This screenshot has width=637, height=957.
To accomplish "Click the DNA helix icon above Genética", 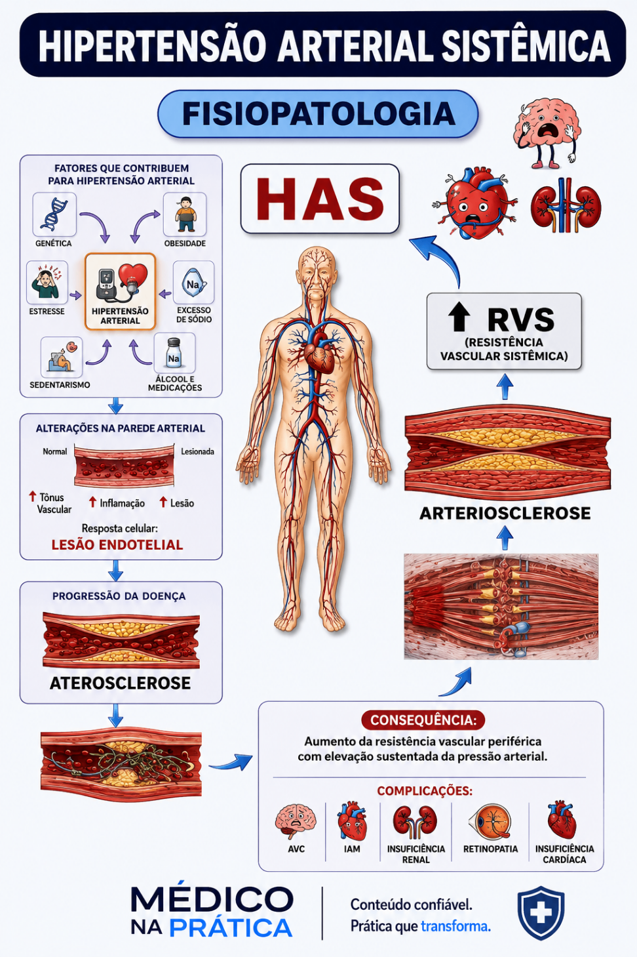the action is click(x=54, y=214).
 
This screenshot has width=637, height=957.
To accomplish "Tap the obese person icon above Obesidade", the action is click(x=185, y=214).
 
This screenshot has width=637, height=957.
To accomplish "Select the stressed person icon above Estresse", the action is click(x=46, y=281).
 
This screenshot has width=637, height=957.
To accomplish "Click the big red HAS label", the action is click(x=320, y=199).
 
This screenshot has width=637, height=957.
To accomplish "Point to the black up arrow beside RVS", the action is click(x=459, y=316).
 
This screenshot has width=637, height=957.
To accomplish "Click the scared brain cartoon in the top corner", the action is click(x=547, y=132).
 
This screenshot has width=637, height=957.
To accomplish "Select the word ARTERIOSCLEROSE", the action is click(x=505, y=513).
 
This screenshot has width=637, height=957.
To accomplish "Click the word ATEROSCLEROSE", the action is click(x=121, y=683).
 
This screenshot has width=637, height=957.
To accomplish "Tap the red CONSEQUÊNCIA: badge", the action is click(x=423, y=720).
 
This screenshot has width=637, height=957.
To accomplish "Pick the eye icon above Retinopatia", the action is click(x=490, y=822).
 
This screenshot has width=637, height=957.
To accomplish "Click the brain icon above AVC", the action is click(x=296, y=822).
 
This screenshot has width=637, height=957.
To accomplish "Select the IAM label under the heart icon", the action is click(x=352, y=849).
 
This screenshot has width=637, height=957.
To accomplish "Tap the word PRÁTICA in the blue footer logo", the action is click(x=231, y=928).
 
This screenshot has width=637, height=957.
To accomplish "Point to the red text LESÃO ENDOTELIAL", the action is click(x=117, y=544).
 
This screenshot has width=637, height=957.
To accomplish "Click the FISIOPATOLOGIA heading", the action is click(x=318, y=113).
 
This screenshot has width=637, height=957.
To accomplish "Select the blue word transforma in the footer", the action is click(x=455, y=926).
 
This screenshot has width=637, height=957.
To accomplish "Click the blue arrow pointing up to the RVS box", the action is click(x=505, y=386).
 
